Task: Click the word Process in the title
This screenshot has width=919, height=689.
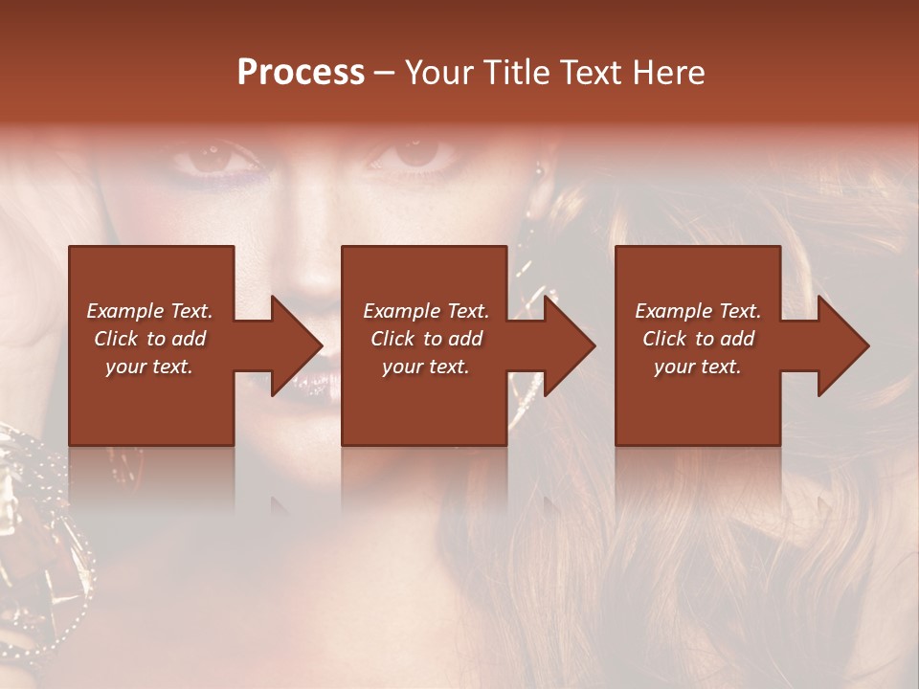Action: click(x=301, y=73)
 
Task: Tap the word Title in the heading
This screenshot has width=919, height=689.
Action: click(x=516, y=73)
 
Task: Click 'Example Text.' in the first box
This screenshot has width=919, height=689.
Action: click(x=149, y=311)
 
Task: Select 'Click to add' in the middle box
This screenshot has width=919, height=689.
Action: click(x=426, y=339)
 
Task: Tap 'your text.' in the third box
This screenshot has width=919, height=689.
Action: click(x=697, y=367)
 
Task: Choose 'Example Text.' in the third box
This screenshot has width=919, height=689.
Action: click(x=698, y=311)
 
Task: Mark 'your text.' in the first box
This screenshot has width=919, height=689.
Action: click(x=149, y=367)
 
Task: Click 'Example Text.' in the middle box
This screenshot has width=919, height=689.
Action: click(x=426, y=311)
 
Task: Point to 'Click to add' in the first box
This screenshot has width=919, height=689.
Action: click(x=149, y=339)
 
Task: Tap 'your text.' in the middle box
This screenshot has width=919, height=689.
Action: click(x=426, y=367)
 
